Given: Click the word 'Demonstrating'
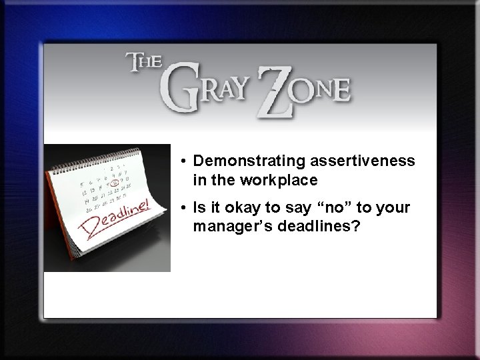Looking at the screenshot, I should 242,161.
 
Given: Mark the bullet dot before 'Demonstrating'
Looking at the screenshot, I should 182,162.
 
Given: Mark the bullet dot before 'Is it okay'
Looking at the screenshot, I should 182,209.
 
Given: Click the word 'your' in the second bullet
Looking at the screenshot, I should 393,209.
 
